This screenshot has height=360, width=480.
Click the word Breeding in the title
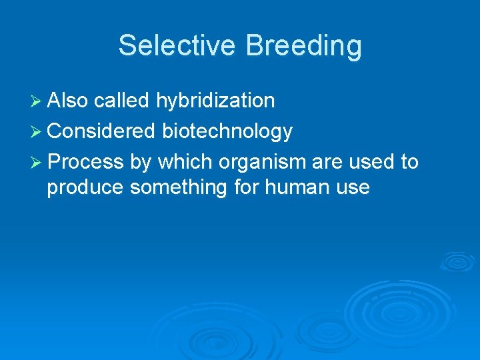303,46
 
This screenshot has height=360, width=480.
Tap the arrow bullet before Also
37,101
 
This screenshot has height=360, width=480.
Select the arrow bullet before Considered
37,131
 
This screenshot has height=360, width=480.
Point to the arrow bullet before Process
37,162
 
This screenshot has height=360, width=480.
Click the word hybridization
215,101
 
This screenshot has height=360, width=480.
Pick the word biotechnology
227,131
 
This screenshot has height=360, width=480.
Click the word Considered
101,131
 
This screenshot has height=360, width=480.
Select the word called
122,101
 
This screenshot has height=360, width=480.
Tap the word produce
85,187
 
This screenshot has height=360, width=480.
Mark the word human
296,187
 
